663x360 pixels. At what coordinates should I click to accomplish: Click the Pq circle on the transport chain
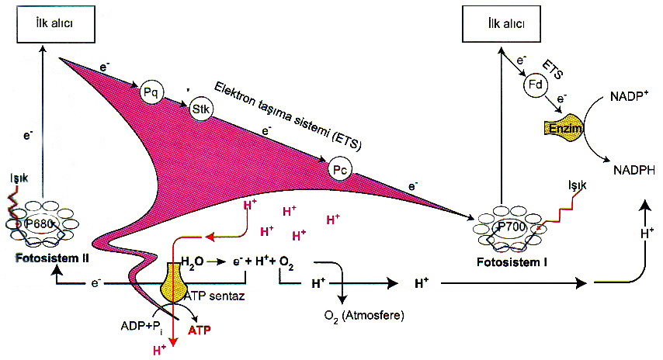point(151,92)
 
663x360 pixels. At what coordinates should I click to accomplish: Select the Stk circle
point(200,110)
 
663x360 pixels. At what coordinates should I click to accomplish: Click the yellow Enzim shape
point(564,126)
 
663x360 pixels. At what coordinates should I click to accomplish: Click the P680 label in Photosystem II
point(40,223)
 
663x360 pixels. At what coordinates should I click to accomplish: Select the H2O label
point(193,263)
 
